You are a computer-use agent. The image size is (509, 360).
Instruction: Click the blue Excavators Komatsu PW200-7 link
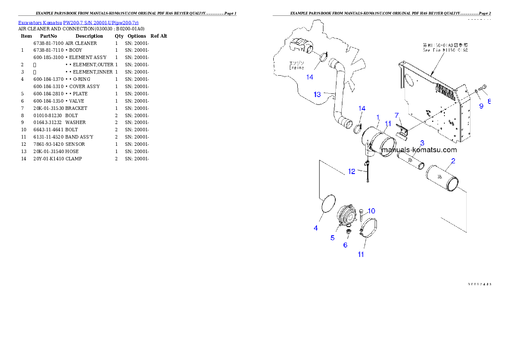[78, 23]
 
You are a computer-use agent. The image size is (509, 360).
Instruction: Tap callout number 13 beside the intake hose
[317, 94]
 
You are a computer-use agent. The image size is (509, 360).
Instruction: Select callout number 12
[351, 171]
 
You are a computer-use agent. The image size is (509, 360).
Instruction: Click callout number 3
[422, 143]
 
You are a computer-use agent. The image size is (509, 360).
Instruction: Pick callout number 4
[316, 228]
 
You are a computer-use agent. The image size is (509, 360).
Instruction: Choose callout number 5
[332, 238]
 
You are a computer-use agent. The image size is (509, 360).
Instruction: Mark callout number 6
[345, 245]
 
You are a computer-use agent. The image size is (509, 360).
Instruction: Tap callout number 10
[371, 211]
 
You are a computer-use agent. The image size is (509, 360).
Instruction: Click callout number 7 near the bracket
[397, 115]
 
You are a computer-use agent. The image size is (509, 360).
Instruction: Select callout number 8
[489, 102]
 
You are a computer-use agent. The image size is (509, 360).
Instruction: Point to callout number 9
[481, 106]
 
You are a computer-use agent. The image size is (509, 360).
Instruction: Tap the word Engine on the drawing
[296, 68]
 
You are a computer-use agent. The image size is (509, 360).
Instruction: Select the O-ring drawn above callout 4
[327, 203]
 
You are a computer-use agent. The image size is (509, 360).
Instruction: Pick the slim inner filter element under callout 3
[410, 162]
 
